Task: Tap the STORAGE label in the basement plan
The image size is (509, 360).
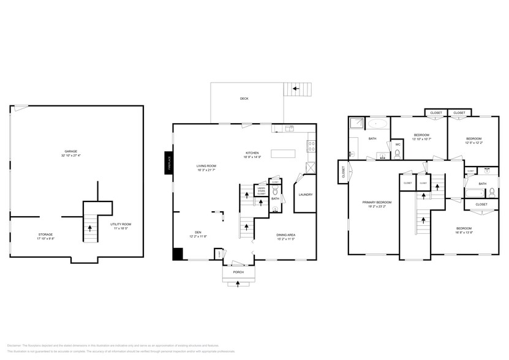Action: (x=45, y=234)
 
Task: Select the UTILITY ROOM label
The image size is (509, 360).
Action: (x=121, y=224)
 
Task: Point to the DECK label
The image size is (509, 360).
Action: (x=244, y=99)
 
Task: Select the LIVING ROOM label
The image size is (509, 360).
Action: (x=207, y=166)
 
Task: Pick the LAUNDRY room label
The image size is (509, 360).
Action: (x=305, y=195)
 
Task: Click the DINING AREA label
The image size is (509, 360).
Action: (x=286, y=235)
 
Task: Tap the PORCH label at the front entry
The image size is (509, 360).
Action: (x=238, y=272)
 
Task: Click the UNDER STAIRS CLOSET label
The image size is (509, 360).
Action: (x=261, y=190)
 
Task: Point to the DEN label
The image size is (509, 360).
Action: (x=198, y=232)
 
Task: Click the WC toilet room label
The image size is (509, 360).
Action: (x=398, y=144)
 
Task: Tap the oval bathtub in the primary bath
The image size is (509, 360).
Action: (x=377, y=124)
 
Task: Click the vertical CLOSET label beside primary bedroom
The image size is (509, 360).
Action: (x=344, y=172)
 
